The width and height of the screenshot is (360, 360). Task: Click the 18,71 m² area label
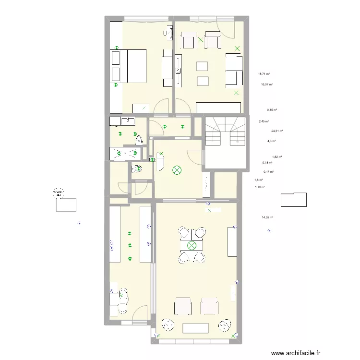264,74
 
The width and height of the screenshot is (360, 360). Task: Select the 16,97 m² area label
266,84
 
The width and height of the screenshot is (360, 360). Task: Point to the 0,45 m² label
272,110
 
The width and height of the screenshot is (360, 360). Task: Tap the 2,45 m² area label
264,121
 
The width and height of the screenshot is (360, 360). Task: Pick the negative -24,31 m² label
276,131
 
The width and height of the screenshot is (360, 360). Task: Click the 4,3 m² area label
271,141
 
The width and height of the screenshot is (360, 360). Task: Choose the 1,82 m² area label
277,157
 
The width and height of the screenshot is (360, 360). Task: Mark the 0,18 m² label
267,163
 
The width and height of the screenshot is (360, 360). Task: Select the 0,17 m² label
268,172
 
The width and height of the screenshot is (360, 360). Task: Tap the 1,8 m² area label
258,180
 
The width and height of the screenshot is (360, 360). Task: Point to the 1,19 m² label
260,187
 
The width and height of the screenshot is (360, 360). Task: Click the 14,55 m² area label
267,217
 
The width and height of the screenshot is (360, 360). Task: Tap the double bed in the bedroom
128,66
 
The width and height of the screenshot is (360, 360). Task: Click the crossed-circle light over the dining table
192,246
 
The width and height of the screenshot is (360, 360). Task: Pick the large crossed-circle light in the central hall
177,170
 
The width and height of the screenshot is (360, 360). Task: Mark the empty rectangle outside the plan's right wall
293,199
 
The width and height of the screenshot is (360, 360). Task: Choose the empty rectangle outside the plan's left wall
66,204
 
